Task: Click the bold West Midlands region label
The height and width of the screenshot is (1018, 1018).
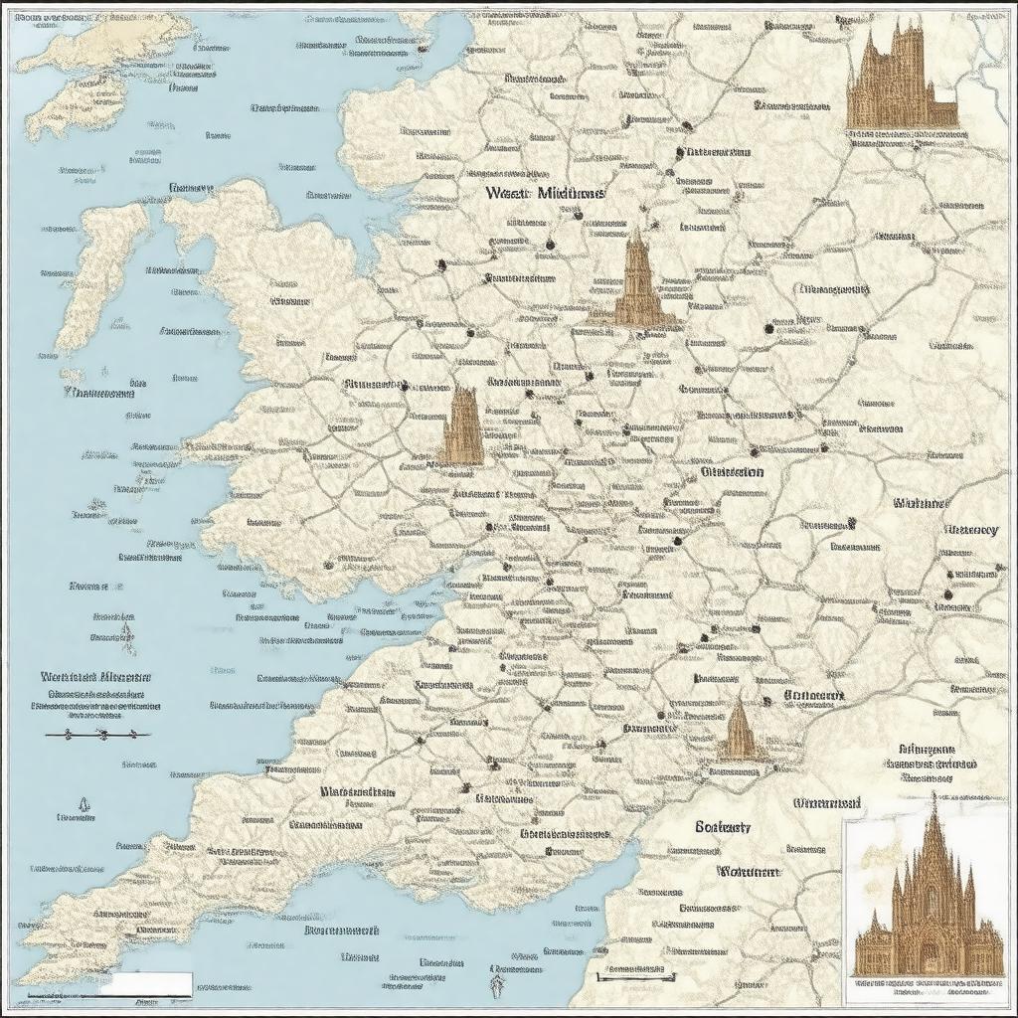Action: tap(544, 194)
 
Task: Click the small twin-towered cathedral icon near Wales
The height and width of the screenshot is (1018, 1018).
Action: tap(461, 427)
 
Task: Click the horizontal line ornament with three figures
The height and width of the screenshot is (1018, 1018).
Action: tap(98, 735)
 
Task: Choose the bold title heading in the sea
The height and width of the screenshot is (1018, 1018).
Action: tap(97, 677)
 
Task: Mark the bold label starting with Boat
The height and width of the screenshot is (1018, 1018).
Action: tap(723, 827)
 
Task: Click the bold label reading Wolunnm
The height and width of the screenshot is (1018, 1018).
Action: tap(748, 872)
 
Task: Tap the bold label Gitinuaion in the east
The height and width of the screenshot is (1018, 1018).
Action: tap(732, 472)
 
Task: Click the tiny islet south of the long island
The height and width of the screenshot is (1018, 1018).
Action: tap(72, 375)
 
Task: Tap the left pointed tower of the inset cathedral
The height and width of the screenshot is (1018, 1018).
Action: tap(897, 885)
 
